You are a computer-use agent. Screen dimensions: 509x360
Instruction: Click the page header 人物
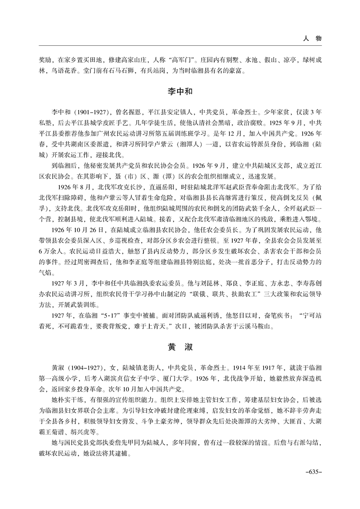312,39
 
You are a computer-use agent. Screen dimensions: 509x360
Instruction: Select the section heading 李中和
180,91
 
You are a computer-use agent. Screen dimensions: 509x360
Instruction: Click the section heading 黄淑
180,347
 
